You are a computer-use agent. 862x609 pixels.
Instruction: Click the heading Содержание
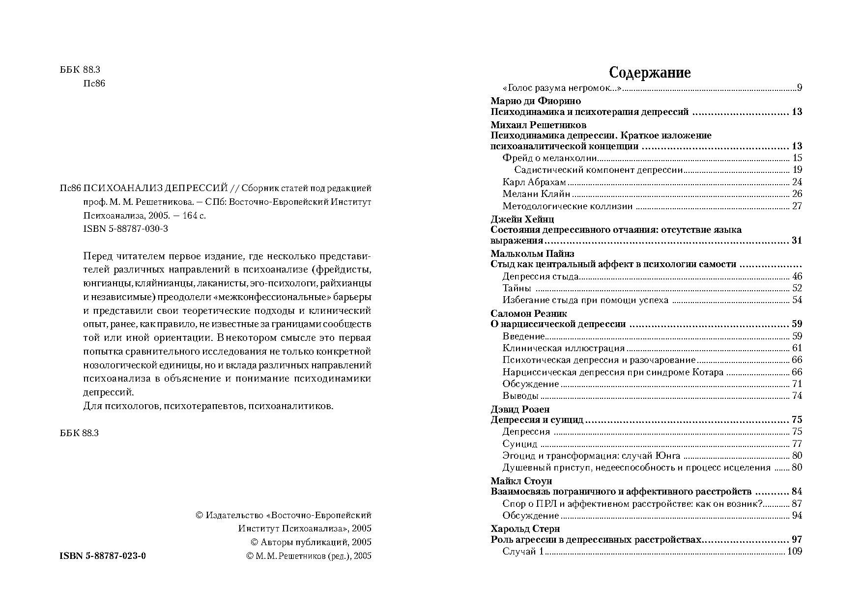(x=650, y=73)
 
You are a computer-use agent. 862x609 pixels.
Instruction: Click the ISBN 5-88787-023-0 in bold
(x=102, y=556)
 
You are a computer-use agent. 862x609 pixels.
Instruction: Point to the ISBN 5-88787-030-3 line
(x=126, y=229)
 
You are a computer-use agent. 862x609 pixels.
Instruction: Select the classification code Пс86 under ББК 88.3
(x=95, y=83)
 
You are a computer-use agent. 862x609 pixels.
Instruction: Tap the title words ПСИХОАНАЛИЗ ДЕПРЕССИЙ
(x=156, y=188)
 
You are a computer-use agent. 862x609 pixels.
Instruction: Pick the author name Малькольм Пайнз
(x=532, y=253)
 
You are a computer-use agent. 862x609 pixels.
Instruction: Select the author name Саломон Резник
(x=529, y=313)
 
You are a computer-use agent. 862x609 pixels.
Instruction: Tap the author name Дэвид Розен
(x=520, y=409)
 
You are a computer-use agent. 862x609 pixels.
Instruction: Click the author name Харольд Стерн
(x=525, y=528)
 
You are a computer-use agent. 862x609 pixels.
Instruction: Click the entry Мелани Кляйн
(x=536, y=194)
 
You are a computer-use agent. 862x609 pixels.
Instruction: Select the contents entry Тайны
(x=517, y=288)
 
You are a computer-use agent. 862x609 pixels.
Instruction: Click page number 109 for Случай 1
(x=794, y=551)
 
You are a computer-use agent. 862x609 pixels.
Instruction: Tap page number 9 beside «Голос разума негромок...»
(x=800, y=88)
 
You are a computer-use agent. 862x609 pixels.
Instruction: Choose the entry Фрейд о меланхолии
(x=549, y=158)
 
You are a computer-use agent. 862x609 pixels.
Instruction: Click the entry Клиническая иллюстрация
(x=563, y=348)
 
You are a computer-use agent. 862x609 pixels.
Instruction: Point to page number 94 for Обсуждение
(x=797, y=516)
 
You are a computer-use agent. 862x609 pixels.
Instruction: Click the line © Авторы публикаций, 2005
(x=311, y=542)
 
